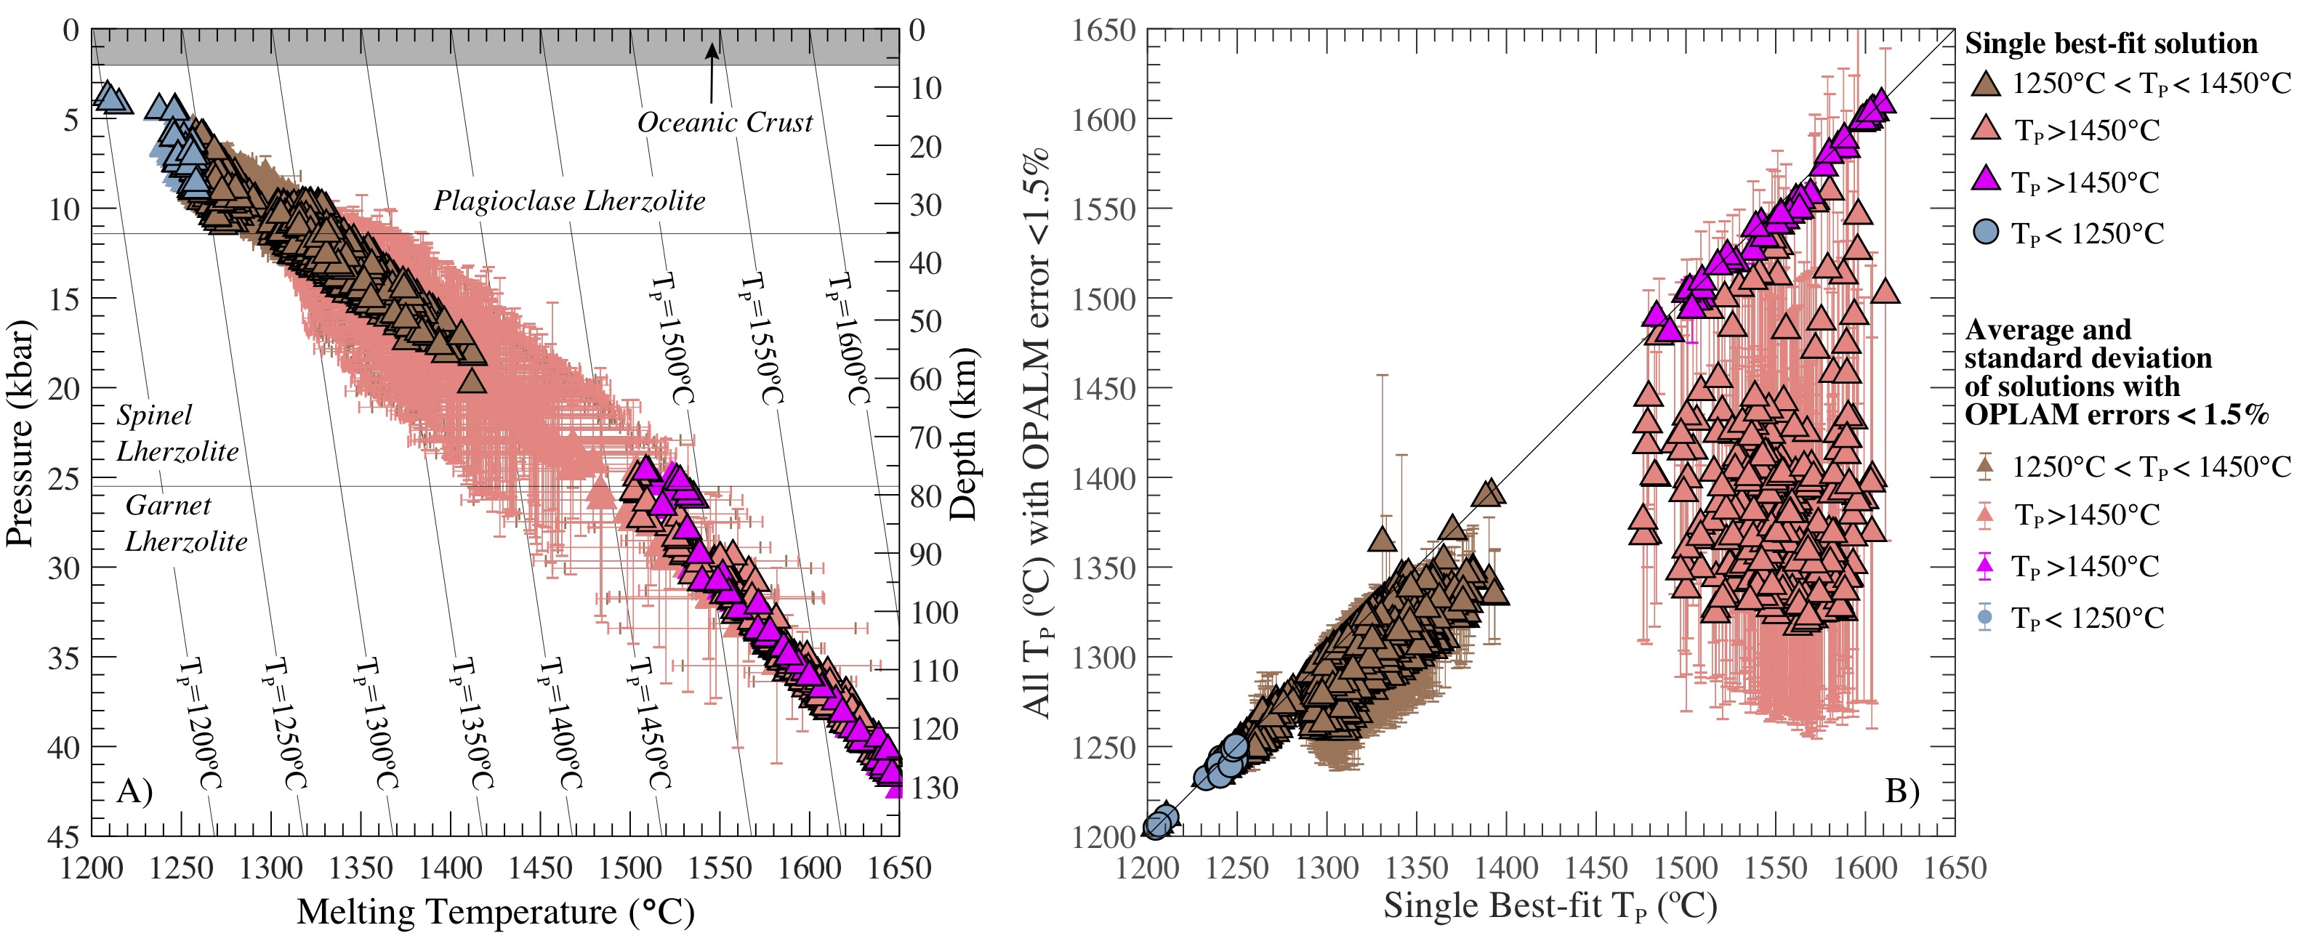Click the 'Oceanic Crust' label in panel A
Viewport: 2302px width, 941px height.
725,122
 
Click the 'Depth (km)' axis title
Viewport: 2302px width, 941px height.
963,435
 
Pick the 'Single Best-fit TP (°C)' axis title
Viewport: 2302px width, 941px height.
1550,905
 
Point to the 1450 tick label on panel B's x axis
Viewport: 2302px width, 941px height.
1595,867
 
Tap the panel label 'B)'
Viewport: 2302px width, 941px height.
1901,791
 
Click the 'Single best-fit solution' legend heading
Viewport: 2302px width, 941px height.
2111,43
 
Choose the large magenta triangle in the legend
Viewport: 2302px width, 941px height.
1986,179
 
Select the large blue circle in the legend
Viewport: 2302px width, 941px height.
1986,233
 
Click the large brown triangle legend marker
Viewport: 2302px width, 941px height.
1986,85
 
